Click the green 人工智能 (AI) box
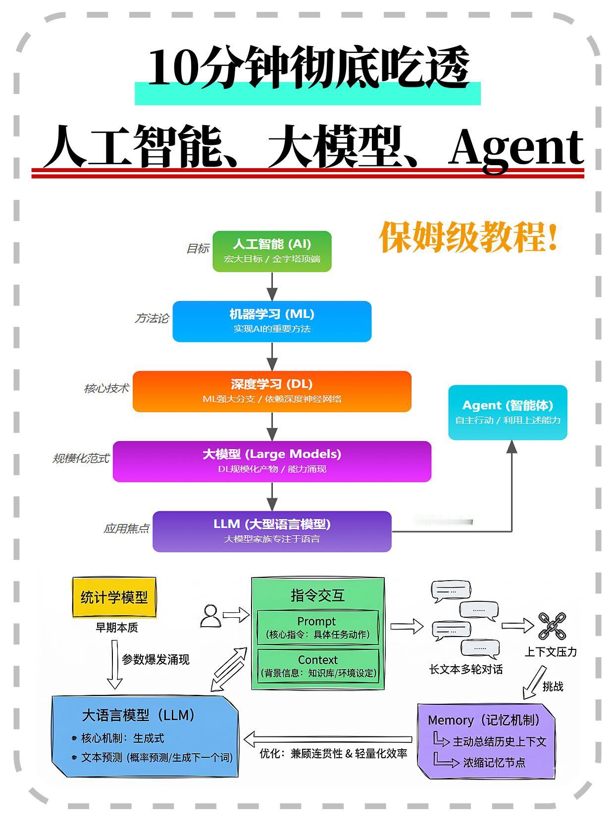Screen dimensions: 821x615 (x=272, y=251)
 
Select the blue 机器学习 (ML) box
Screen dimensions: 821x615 (x=272, y=321)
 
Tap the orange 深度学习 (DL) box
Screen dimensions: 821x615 (x=272, y=391)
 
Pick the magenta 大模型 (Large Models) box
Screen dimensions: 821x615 (x=272, y=461)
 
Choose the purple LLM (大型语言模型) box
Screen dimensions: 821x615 (x=272, y=531)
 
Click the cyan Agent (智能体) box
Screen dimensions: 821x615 (x=508, y=412)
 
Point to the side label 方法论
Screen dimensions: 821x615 (x=152, y=319)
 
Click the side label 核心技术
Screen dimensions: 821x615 (x=106, y=389)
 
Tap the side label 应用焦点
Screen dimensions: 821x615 (x=126, y=529)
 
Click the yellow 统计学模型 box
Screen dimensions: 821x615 (x=114, y=597)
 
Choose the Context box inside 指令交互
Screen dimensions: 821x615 (x=317, y=666)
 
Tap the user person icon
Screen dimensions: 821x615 (x=210, y=616)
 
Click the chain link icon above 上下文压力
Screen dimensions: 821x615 (x=552, y=626)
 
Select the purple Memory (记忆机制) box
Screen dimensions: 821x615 (x=486, y=741)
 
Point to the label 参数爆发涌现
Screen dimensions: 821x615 (x=155, y=660)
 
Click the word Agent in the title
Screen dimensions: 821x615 (x=516, y=147)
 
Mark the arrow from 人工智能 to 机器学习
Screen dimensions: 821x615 (x=272, y=286)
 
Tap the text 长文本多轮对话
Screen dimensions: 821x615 (x=465, y=670)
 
